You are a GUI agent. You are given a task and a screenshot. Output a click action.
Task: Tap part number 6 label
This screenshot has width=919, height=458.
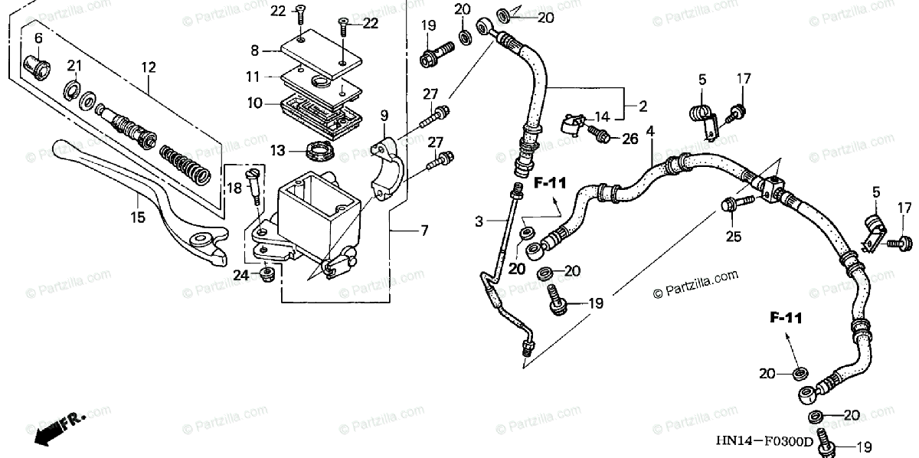click(38, 36)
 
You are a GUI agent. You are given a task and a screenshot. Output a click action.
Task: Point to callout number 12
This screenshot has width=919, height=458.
click(148, 68)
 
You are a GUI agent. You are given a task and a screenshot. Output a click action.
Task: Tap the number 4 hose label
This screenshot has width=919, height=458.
click(650, 132)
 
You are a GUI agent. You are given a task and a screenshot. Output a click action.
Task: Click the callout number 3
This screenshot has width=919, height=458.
click(479, 222)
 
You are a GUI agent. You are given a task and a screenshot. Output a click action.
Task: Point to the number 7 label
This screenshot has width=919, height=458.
click(424, 230)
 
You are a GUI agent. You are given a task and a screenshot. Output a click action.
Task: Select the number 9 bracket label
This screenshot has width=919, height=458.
click(384, 116)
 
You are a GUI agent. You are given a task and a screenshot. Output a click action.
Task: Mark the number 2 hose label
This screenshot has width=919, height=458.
click(643, 105)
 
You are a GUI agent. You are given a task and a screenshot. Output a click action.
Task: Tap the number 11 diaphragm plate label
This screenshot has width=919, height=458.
click(253, 77)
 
